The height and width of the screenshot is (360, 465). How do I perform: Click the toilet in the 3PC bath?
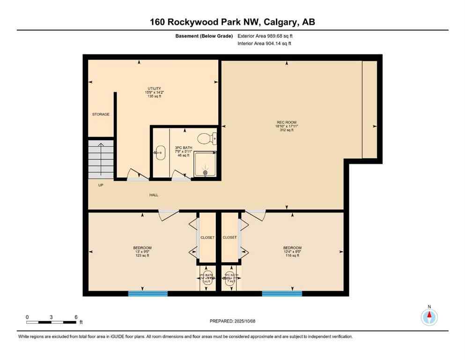(x=205, y=138)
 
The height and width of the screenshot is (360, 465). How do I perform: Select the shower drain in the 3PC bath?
(x=205, y=172)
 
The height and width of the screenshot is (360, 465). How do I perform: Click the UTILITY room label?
(x=154, y=89)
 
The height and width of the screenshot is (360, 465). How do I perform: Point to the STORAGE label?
(x=101, y=114)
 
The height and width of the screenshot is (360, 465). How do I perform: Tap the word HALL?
(x=154, y=195)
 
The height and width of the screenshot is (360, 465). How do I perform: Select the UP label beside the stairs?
(x=101, y=185)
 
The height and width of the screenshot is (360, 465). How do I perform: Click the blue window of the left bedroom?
(x=148, y=294)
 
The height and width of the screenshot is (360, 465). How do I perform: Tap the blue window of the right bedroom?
(x=282, y=294)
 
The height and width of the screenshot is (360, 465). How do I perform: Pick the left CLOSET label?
(x=207, y=238)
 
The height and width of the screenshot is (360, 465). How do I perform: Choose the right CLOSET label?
(x=230, y=238)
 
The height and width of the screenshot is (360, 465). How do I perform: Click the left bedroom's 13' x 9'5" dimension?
(x=142, y=252)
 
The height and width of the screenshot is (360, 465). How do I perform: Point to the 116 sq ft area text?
(x=292, y=255)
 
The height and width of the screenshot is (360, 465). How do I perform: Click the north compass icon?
(x=429, y=317)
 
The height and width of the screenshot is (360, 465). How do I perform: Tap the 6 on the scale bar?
(x=76, y=317)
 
